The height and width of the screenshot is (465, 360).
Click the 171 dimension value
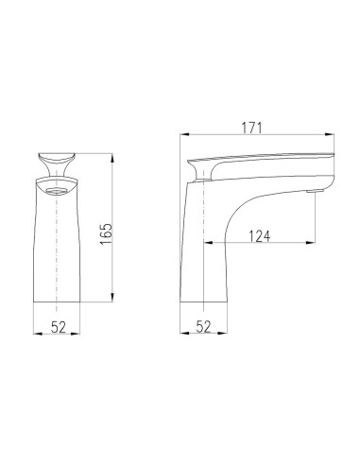click(250, 127)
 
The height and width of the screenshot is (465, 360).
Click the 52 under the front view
click(58, 326)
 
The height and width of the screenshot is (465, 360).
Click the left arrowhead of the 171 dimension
click(183, 136)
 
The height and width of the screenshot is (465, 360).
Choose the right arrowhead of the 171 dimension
click(335, 136)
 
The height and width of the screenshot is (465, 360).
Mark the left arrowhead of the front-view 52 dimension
click(36, 336)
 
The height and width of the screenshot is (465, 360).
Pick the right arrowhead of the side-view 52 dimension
click(228, 336)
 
